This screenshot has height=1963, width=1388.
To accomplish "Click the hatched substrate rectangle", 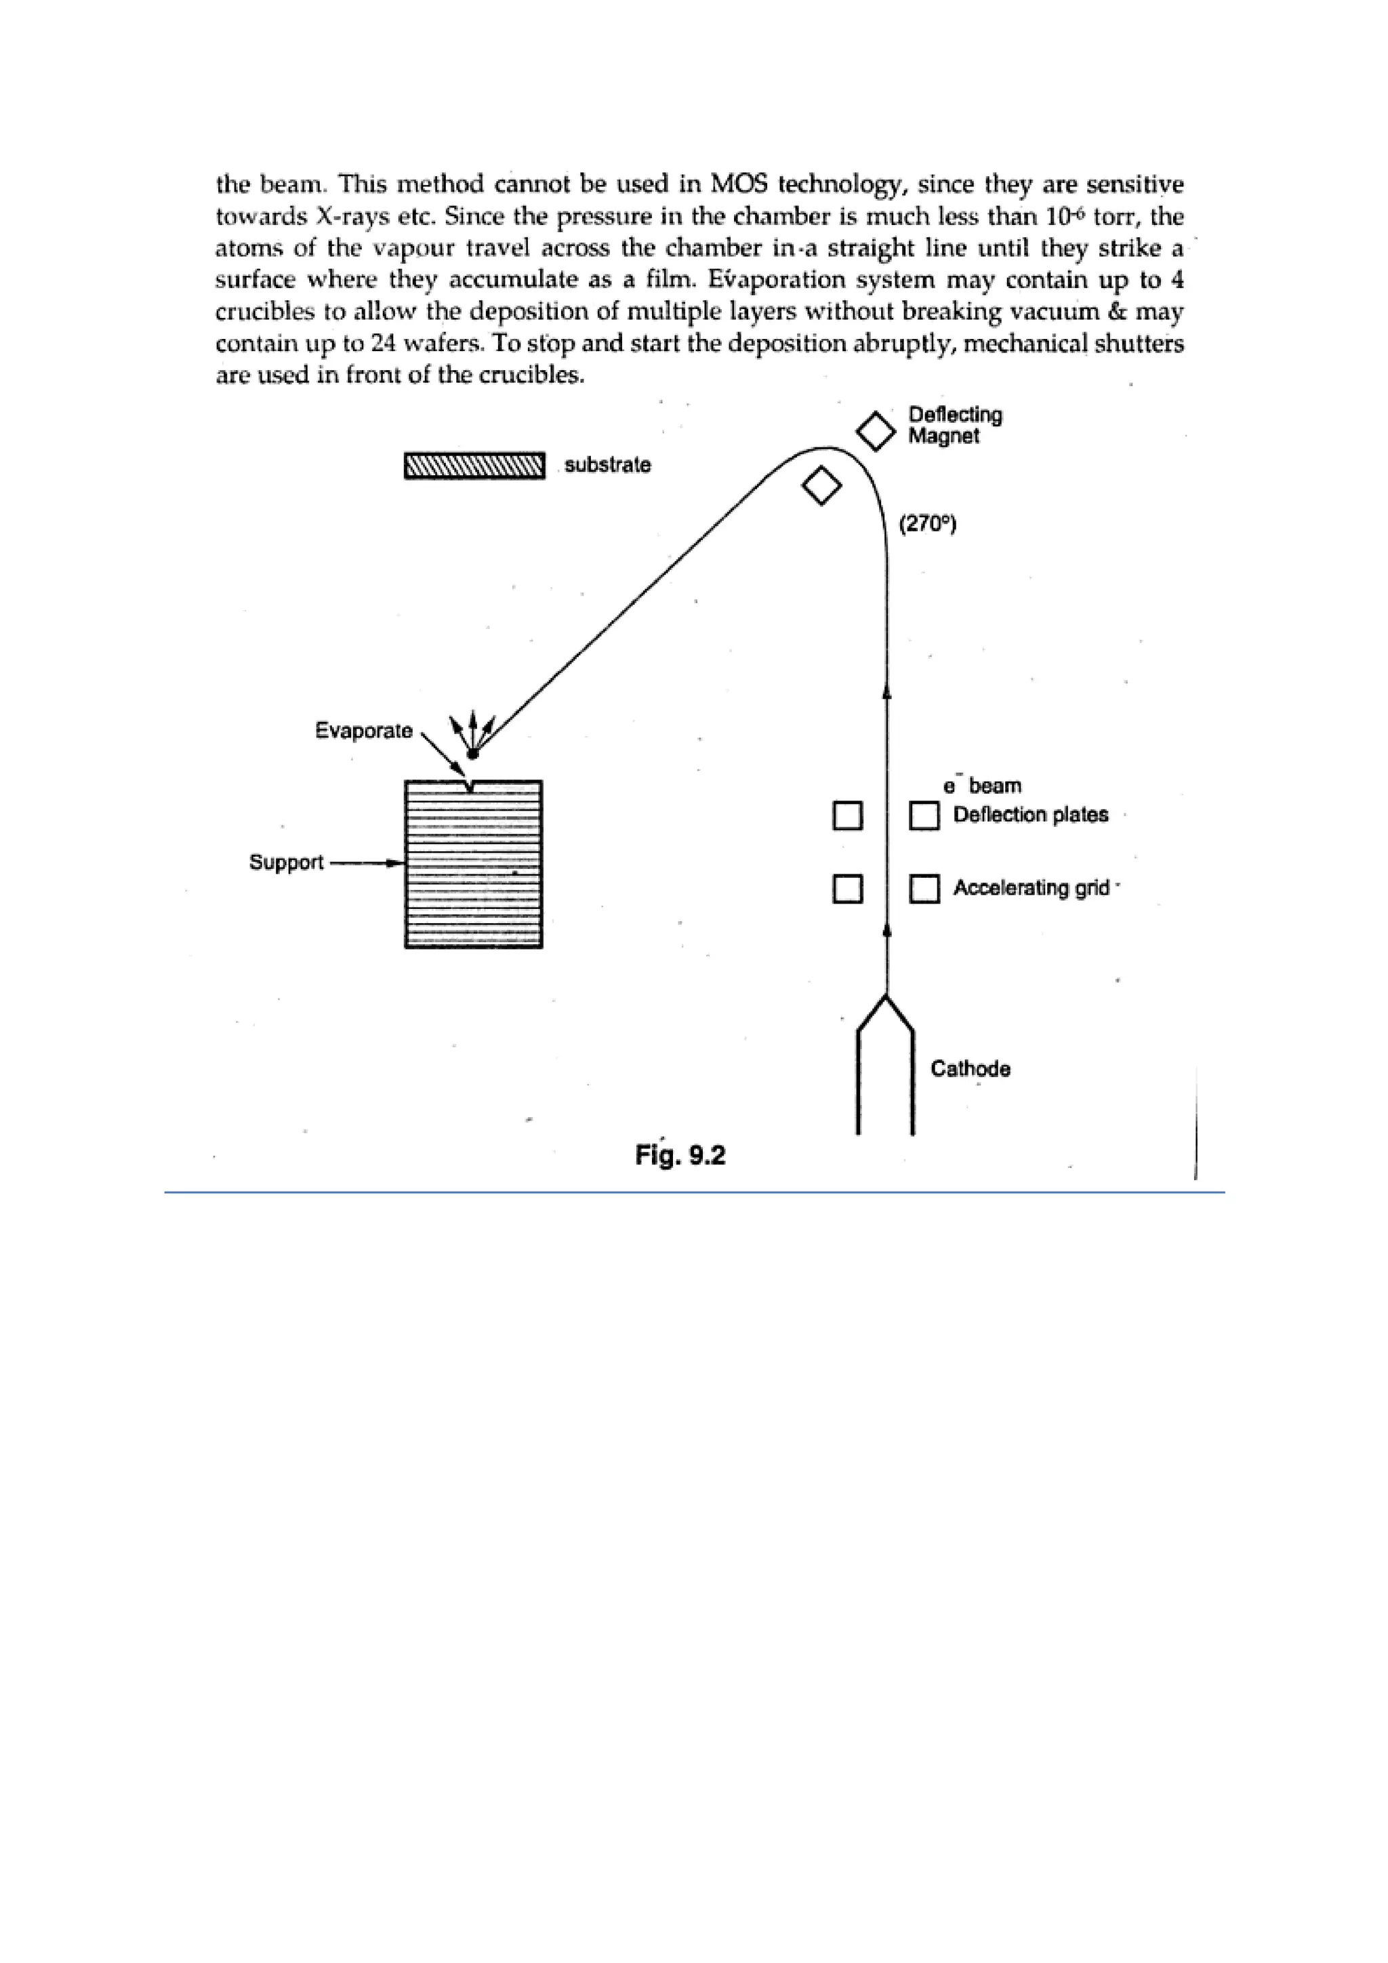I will (x=474, y=466).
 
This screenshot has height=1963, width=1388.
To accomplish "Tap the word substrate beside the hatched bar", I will (x=608, y=465).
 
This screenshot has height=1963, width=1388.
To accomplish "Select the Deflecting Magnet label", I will (x=955, y=425).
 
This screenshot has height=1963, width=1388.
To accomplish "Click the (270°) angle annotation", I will (x=927, y=523).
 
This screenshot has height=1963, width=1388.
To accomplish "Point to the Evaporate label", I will (x=363, y=730).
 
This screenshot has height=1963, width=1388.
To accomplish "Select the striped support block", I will (x=474, y=864).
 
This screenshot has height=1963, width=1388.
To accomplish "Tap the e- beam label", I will (x=982, y=786).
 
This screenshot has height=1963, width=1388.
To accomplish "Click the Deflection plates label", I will (x=1031, y=815).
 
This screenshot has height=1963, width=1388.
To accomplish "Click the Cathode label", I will (x=970, y=1069).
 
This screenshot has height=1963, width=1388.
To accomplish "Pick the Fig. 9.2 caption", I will (x=680, y=1155).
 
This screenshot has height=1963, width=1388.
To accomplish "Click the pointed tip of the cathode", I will (x=886, y=997).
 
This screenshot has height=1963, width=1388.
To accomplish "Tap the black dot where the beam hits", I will (x=472, y=753).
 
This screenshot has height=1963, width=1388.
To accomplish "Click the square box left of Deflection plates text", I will (x=924, y=815).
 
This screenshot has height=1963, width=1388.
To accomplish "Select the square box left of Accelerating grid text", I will (x=924, y=889).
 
